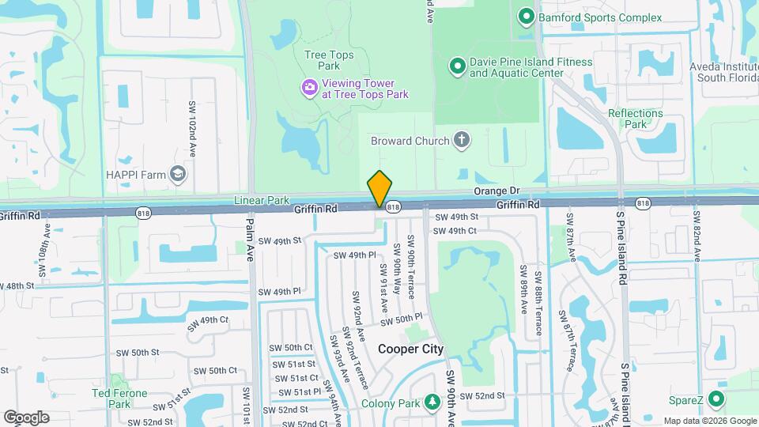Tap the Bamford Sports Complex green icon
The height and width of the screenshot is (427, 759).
[x=525, y=17]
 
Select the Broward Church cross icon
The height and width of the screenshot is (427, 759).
[x=462, y=141]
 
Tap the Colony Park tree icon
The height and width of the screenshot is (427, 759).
[x=432, y=402]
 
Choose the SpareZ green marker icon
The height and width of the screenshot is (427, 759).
[x=716, y=399]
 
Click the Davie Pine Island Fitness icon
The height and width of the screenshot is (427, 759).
[x=456, y=67]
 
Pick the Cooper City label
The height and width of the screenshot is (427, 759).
[x=410, y=349]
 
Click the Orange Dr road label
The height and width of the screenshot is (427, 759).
[x=497, y=191]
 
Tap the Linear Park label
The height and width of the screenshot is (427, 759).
[x=262, y=201]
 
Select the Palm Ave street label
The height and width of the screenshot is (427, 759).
[x=250, y=236]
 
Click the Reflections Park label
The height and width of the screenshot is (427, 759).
[x=636, y=119]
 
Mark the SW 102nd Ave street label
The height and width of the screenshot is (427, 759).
[x=192, y=129]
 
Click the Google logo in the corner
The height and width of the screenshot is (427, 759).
[x=26, y=418]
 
